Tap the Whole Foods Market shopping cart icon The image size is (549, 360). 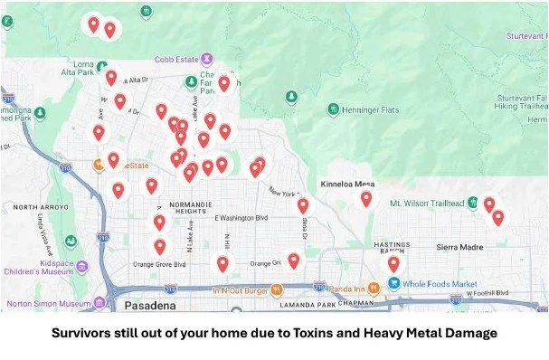click(x=393, y=282)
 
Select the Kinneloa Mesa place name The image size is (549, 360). click(x=347, y=184)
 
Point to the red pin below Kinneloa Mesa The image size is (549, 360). click(x=366, y=198)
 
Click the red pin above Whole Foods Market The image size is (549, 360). click(x=393, y=263)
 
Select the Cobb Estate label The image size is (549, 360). click(x=175, y=60)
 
